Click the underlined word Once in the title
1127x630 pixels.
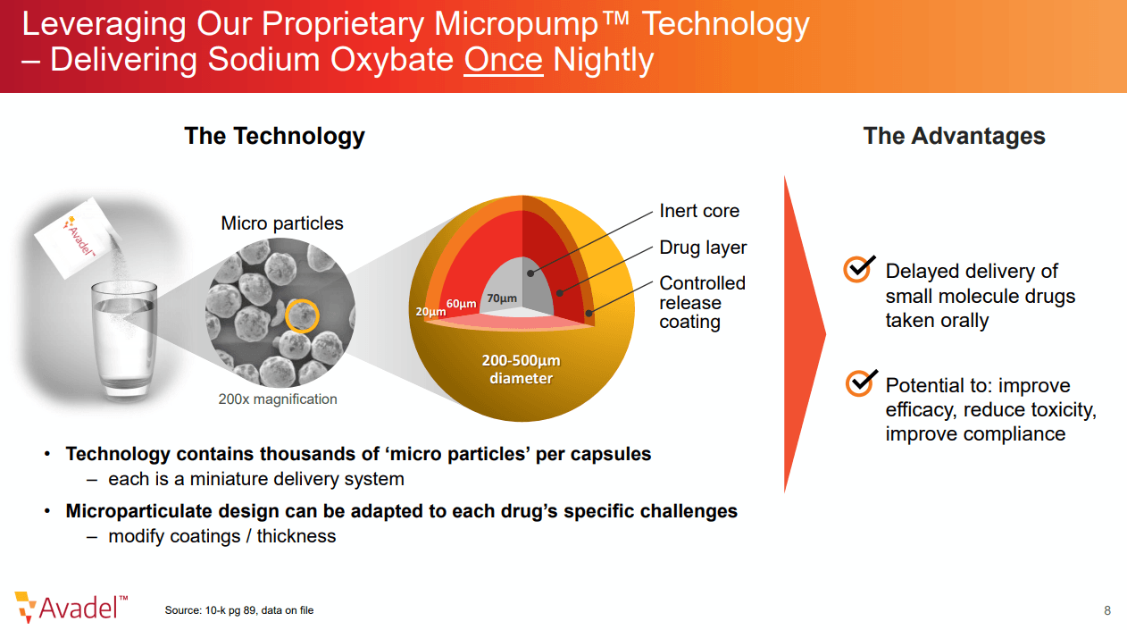coord(503,59)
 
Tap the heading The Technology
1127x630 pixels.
coord(275,136)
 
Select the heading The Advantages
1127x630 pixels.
coord(954,136)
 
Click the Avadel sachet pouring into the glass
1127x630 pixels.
coord(78,238)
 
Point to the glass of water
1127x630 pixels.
coord(124,340)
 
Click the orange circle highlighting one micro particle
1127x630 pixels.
coord(302,315)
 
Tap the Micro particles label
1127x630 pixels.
coord(282,223)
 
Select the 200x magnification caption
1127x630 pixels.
coord(278,399)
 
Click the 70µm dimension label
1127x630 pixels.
coord(502,298)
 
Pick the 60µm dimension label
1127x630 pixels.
coord(462,303)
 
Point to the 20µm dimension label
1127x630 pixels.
coord(430,312)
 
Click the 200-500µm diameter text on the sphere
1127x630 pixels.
coord(522,369)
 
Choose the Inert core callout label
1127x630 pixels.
coord(699,211)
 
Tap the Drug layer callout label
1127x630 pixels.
coord(703,248)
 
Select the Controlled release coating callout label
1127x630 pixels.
coord(702,302)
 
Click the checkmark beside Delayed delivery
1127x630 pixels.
coord(859,269)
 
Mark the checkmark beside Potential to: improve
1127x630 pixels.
coord(862,382)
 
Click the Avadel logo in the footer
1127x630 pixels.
coord(71,607)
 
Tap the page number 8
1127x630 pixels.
coord(1106,610)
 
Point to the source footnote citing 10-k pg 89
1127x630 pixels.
coord(239,610)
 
